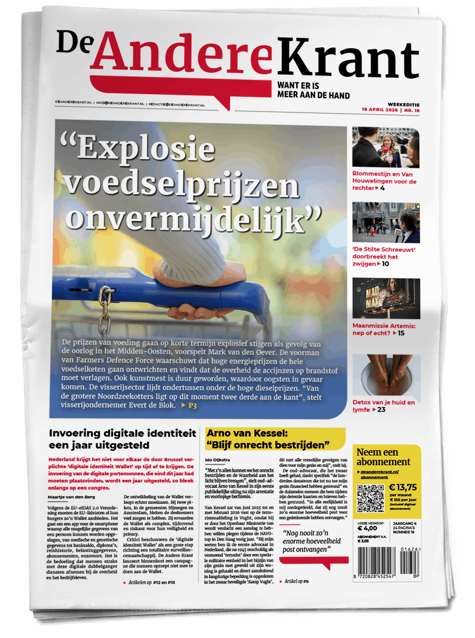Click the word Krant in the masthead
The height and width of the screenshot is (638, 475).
348,57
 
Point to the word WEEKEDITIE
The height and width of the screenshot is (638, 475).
403,105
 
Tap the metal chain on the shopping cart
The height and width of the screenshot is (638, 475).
105,313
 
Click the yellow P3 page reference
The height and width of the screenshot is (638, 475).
192,406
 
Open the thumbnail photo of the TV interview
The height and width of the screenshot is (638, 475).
385,147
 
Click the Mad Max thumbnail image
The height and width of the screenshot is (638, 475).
386,298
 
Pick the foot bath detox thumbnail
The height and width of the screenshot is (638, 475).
386,375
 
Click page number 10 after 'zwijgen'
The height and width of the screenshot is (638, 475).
386,264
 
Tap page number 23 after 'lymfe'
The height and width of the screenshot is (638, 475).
381,409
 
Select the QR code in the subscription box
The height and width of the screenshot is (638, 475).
371,497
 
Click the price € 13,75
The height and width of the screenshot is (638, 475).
403,488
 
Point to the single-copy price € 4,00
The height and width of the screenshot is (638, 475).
367,528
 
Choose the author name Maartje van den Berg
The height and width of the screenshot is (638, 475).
71,497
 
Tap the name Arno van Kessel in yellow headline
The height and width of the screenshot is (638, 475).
247,433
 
